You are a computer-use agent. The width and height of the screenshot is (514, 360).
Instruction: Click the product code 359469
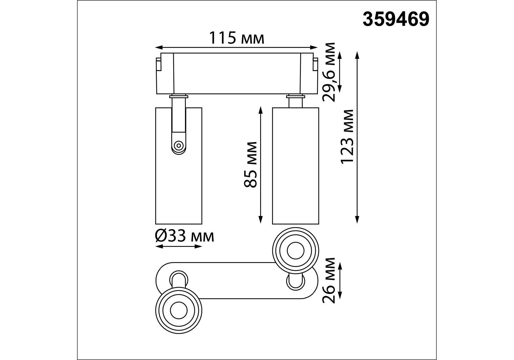click(x=396, y=19)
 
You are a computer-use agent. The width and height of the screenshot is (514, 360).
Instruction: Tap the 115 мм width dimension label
click(x=236, y=38)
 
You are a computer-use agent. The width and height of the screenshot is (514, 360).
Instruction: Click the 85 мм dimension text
click(x=250, y=165)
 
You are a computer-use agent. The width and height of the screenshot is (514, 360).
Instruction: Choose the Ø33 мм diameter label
click(x=185, y=236)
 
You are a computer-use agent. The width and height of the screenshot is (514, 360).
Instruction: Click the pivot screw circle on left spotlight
click(x=179, y=146)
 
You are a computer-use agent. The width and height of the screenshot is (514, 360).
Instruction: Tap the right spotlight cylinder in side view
click(x=296, y=166)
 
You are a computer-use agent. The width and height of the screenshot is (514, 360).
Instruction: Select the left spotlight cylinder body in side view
click(x=179, y=166)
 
